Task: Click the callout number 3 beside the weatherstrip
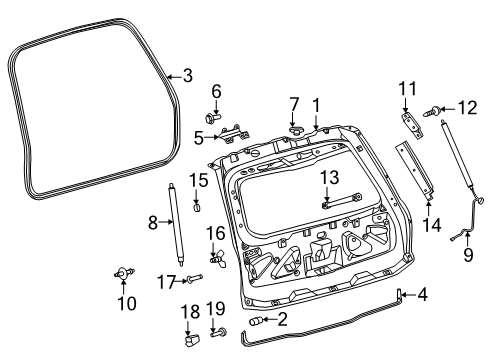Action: tap(186, 75)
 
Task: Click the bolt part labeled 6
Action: tap(217, 118)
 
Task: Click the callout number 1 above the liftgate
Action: tap(315, 103)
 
